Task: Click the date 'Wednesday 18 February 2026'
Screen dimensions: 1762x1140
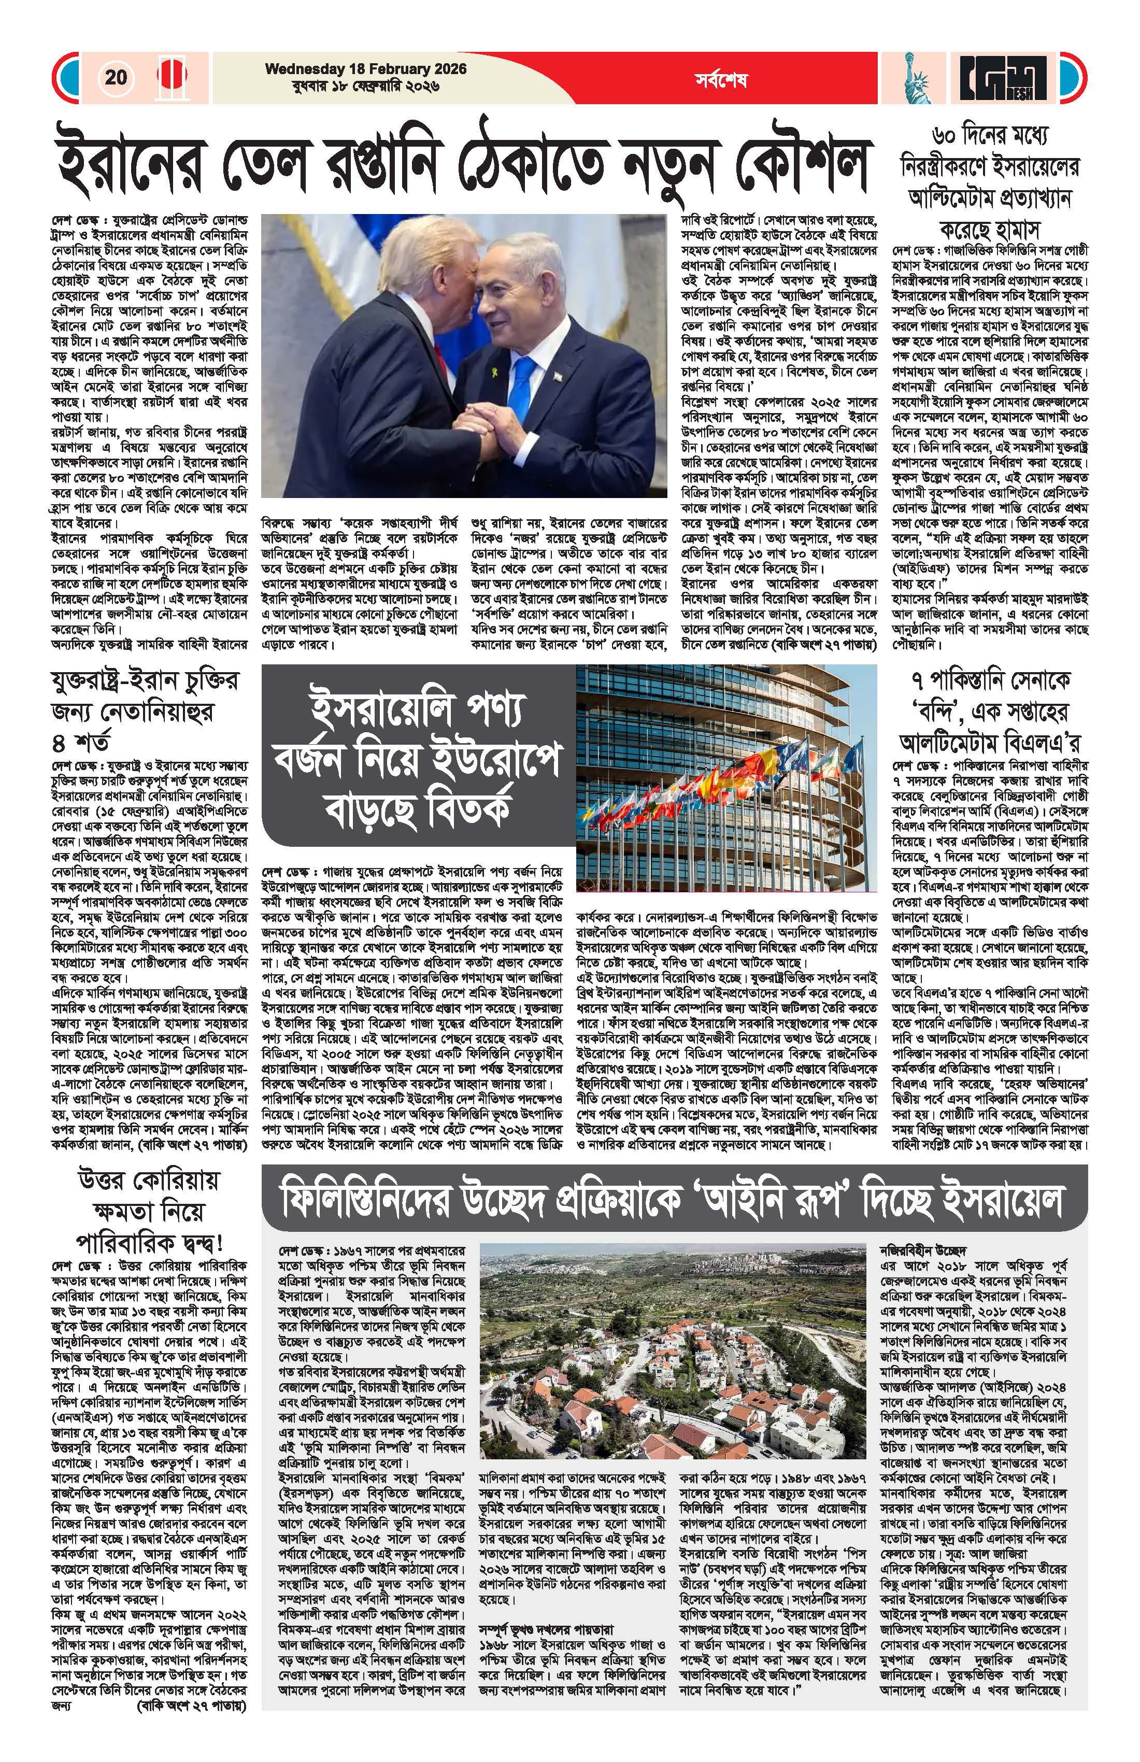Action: point(366,69)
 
